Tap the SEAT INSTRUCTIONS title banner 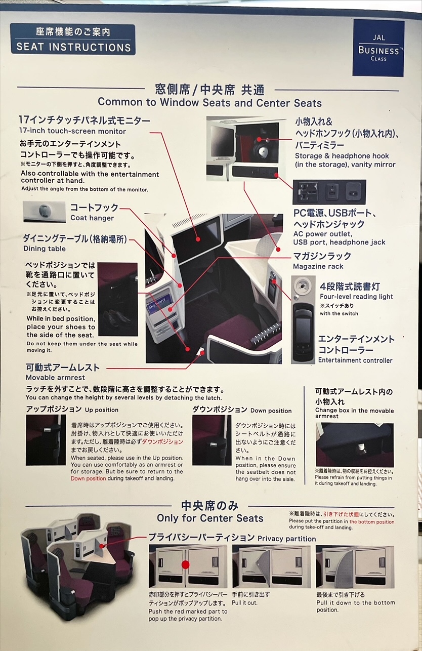pos(73,39)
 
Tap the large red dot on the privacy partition pos(185,564)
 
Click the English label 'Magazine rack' pos(318,266)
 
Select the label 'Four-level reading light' pos(356,297)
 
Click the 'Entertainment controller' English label pos(355,360)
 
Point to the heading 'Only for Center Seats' pos(210,518)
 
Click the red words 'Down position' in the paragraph pos(88,479)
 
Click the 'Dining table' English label pos(45,249)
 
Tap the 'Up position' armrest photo pos(46,440)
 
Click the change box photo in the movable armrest pos(355,444)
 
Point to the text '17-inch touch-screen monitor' pos(72,131)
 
